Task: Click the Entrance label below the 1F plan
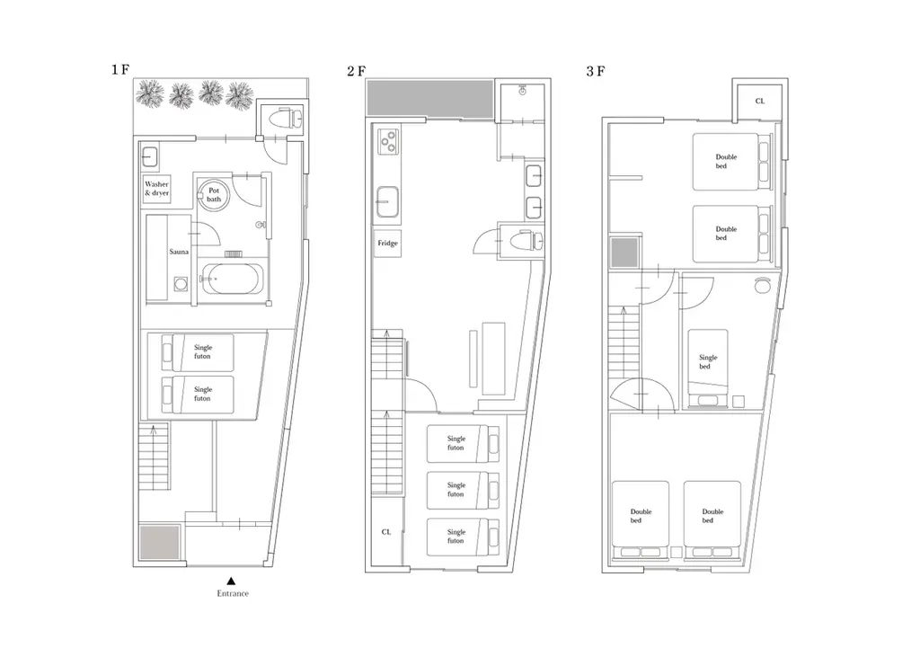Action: click(x=233, y=593)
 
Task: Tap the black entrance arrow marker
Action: click(x=231, y=581)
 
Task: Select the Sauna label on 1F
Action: click(x=179, y=252)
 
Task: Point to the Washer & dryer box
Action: click(x=156, y=189)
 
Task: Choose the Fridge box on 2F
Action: click(x=387, y=243)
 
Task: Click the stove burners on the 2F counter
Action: click(x=388, y=141)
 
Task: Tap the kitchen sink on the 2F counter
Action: click(x=387, y=201)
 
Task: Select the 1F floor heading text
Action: click(x=120, y=70)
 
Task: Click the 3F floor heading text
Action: click(x=596, y=72)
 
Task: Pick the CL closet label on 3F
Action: click(x=760, y=101)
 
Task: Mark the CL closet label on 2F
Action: click(x=386, y=532)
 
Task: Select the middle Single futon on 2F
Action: click(x=463, y=490)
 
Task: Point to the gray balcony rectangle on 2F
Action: click(x=430, y=98)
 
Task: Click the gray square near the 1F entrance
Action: click(x=160, y=542)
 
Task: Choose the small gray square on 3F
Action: click(x=624, y=253)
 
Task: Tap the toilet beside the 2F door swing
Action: click(x=524, y=241)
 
